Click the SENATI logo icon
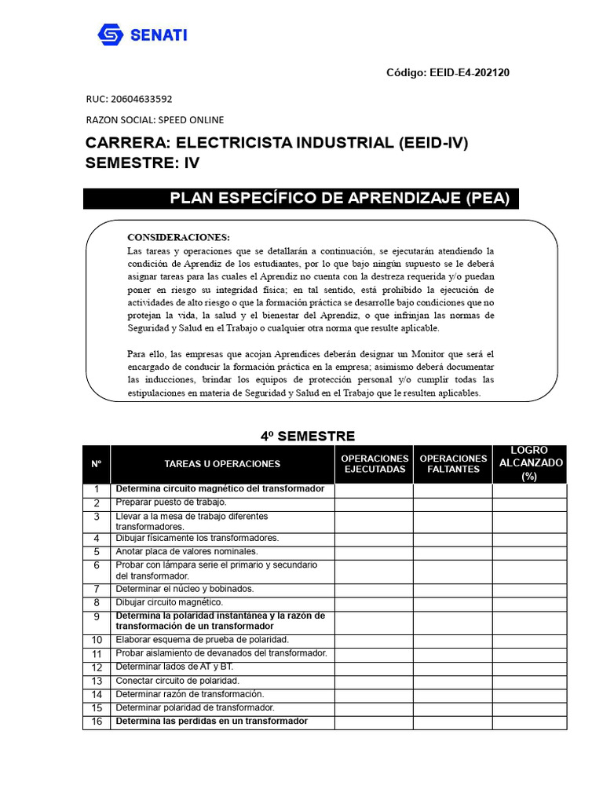111,35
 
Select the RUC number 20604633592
145,100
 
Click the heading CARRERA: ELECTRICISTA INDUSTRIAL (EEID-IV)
281,143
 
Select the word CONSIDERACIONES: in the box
178,237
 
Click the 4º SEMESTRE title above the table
308,436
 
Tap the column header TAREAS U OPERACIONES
222,464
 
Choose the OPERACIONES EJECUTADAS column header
375,464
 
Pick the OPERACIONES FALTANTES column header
453,464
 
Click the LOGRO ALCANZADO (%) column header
531,463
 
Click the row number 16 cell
97,722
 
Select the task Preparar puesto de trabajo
171,502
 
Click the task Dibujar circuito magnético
169,602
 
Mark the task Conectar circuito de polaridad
177,681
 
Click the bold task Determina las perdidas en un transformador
212,721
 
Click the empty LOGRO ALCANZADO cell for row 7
531,589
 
